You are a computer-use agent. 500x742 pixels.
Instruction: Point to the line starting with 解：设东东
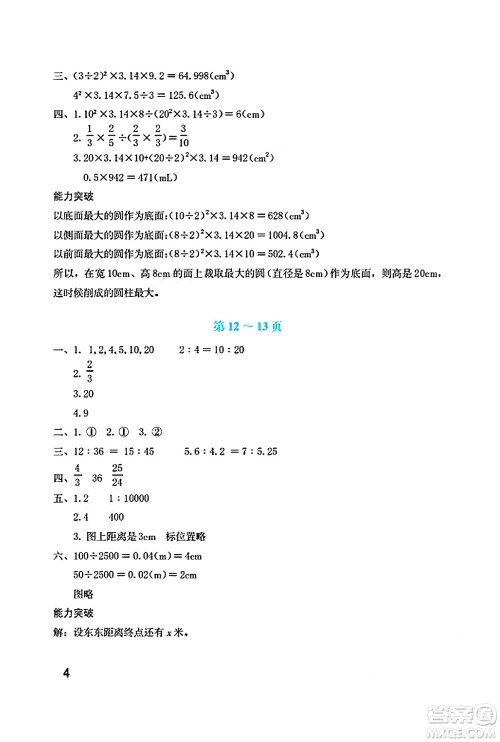tap(121, 631)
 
